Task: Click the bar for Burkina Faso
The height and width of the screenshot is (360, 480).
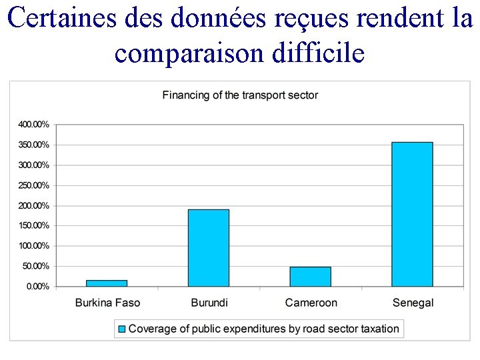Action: [107, 283]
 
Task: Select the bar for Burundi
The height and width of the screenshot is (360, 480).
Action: [208, 248]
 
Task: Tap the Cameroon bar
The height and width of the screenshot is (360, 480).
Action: [310, 277]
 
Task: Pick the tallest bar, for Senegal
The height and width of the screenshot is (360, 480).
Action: [412, 214]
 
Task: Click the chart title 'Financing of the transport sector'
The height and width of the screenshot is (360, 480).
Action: [240, 95]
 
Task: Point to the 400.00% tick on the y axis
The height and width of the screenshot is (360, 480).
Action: [33, 125]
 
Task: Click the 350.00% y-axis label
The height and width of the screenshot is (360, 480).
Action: [33, 145]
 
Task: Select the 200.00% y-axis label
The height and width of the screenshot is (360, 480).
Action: [33, 205]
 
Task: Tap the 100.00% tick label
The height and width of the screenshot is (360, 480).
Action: [33, 246]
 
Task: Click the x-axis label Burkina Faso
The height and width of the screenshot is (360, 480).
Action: [107, 303]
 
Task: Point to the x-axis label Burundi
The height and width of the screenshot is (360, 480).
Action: [209, 303]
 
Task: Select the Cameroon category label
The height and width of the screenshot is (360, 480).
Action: [311, 303]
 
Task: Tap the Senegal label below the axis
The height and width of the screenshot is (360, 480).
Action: [413, 303]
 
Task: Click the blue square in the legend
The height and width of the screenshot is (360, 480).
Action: [121, 329]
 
